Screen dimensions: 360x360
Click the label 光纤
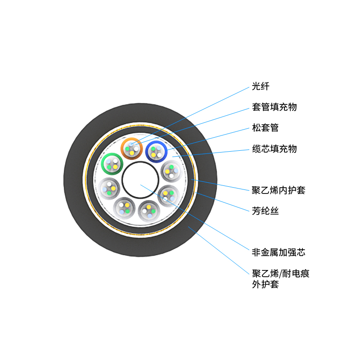(x=261, y=86)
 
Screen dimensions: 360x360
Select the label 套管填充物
(x=274, y=107)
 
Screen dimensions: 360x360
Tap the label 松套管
(x=265, y=128)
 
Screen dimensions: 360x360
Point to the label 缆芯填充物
(x=274, y=148)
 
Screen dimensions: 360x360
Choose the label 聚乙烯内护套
(x=279, y=190)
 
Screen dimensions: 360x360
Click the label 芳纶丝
(x=265, y=210)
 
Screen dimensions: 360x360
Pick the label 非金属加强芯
(x=279, y=252)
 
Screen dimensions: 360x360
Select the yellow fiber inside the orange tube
(x=132, y=153)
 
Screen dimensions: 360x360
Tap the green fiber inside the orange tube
(x=127, y=149)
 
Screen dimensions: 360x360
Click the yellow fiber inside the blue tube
(x=154, y=155)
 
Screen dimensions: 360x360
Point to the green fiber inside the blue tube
(x=153, y=148)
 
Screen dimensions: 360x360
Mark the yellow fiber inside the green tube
(x=115, y=166)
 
